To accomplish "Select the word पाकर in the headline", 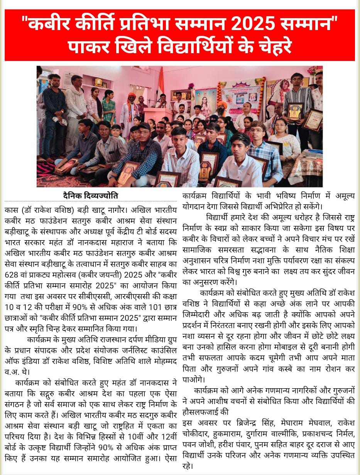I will (92, 47).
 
